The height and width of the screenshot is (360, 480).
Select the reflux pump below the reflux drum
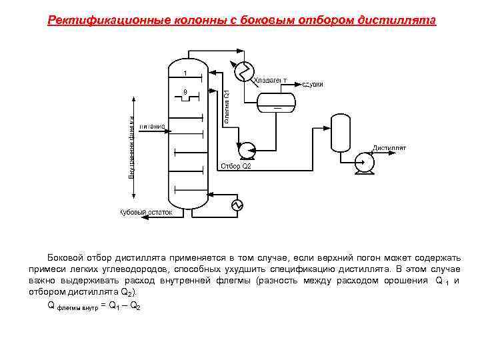(x=247, y=147)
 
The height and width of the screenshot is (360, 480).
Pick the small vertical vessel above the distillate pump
(x=341, y=133)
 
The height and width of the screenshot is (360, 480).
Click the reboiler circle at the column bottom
(x=237, y=205)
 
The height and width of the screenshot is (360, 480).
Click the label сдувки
(x=313, y=84)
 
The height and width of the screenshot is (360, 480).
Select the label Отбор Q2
(x=235, y=166)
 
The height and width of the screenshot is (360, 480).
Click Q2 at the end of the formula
(x=134, y=305)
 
